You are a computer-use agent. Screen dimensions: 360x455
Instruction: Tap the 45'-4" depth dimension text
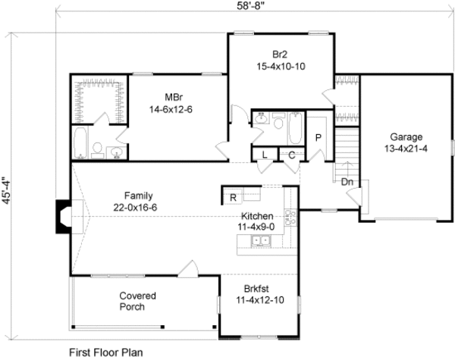tap(7, 192)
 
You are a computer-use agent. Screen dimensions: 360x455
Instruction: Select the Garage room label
tap(406, 137)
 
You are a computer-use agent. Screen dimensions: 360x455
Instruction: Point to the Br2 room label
tap(281, 54)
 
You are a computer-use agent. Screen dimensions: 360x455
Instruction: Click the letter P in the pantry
tap(318, 136)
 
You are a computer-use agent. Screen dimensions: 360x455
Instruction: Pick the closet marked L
tap(264, 155)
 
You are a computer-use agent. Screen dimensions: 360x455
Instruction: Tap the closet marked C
tap(291, 155)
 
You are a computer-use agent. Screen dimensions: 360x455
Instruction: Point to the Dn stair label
tap(346, 182)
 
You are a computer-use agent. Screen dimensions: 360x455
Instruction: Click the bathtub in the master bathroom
tap(80, 141)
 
